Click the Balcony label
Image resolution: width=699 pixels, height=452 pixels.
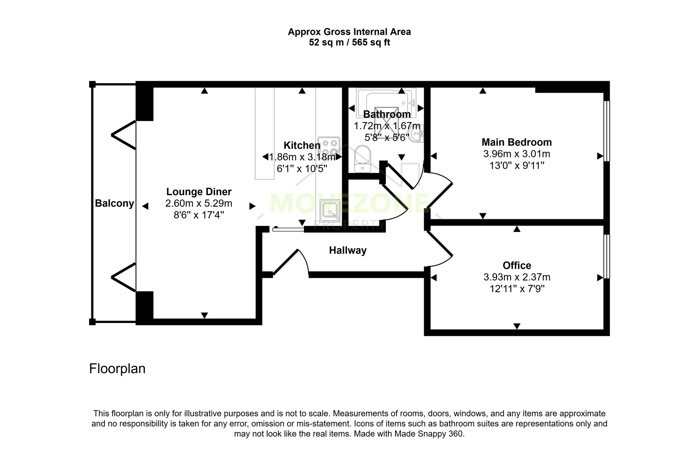click(x=114, y=203)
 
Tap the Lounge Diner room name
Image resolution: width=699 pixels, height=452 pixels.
click(x=199, y=192)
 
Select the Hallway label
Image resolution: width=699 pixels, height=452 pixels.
click(x=348, y=250)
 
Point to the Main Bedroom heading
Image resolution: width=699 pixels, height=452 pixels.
click(x=517, y=142)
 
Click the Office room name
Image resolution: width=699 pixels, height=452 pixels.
click(x=517, y=265)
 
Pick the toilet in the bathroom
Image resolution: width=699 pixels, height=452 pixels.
click(x=362, y=159)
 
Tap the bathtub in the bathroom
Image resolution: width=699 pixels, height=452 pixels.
click(x=386, y=103)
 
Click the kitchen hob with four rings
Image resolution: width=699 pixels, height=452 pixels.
click(x=329, y=148)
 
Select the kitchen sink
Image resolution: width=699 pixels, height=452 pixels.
click(x=329, y=211)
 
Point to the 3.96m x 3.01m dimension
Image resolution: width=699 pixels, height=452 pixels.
click(x=517, y=154)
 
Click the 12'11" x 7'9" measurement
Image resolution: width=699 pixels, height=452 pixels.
click(x=517, y=289)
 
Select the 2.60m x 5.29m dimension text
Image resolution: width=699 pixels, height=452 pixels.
click(x=199, y=203)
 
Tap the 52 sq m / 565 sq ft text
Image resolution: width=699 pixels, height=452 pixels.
click(x=349, y=43)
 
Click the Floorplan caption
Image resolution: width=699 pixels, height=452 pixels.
click(x=117, y=369)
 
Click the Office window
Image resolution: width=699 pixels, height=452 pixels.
click(x=607, y=256)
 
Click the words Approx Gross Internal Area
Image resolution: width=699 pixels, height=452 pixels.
click(x=349, y=32)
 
